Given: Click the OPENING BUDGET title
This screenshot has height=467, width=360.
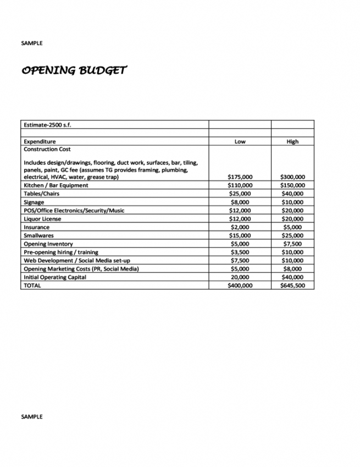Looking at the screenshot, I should [74, 70].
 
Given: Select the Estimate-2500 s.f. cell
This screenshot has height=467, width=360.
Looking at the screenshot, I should [47, 125].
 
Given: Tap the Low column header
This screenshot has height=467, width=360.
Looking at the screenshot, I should [240, 142].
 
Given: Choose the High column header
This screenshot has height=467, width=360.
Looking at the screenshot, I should [292, 142].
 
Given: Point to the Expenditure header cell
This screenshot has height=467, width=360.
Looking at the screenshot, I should [40, 142].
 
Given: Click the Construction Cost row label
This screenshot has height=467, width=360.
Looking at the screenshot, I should [47, 149].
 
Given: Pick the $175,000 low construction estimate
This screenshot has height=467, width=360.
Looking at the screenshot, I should [240, 177].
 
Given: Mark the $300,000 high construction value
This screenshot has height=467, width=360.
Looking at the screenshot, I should [292, 177].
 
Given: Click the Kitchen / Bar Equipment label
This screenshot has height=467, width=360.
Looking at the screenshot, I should [56, 185].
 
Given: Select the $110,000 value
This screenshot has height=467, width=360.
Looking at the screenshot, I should [240, 185].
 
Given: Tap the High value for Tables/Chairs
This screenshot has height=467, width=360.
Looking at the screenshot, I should [292, 194].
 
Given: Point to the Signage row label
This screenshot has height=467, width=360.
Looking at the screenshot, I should [34, 202].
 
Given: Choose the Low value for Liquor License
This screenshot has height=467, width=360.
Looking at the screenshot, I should [240, 219].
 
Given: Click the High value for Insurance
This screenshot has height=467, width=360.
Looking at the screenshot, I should [292, 227].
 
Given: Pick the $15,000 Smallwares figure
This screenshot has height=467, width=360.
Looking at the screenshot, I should [240, 235].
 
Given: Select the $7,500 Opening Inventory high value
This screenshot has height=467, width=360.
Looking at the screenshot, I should [292, 244].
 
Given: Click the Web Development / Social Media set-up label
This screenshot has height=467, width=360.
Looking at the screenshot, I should [77, 261].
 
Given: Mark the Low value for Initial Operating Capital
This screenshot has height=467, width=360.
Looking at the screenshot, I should [240, 277].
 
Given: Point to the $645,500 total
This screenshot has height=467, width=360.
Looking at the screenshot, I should [292, 286].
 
